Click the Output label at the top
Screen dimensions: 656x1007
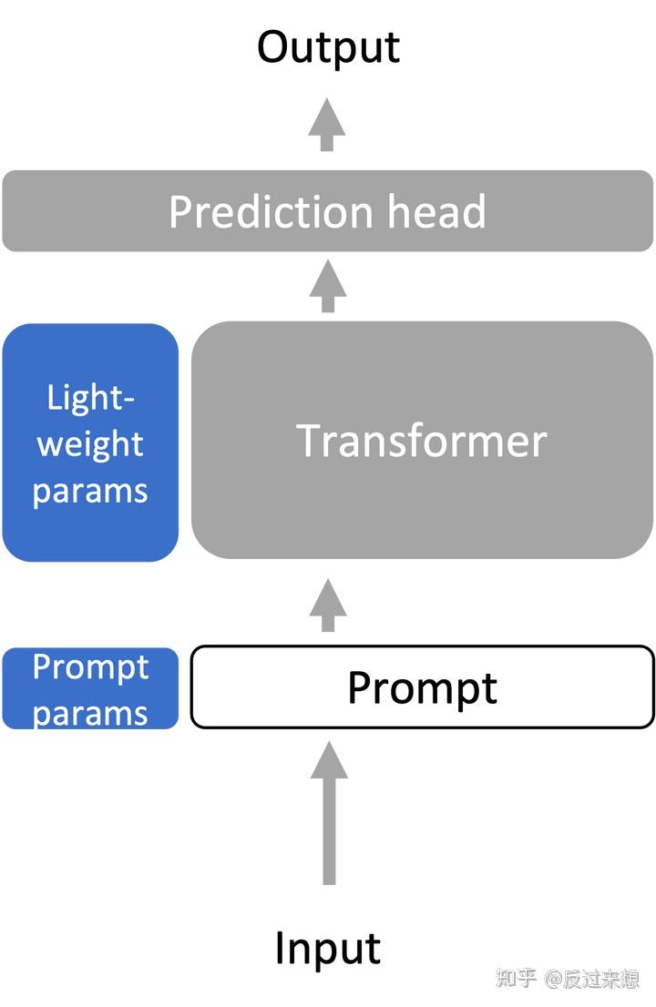click(328, 46)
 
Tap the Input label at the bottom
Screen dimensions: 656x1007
click(328, 948)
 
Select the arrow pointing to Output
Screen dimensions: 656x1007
click(327, 125)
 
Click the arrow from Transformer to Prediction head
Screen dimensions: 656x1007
click(328, 286)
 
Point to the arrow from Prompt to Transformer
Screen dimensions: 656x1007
click(328, 605)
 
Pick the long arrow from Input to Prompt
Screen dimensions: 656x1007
click(329, 812)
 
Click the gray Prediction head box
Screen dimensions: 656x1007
click(328, 210)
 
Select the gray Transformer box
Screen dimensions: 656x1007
click(422, 440)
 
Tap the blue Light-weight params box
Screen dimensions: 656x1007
click(90, 442)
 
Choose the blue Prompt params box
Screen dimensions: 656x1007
click(90, 688)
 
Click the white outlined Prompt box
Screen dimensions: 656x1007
click(422, 687)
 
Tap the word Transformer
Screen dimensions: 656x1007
click(422, 441)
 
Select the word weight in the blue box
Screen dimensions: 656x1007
click(90, 445)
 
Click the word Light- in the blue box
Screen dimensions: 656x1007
click(90, 397)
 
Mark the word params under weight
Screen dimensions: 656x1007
click(90, 492)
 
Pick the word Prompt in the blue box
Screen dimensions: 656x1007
click(90, 667)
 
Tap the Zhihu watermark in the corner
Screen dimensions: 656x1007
click(568, 979)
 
